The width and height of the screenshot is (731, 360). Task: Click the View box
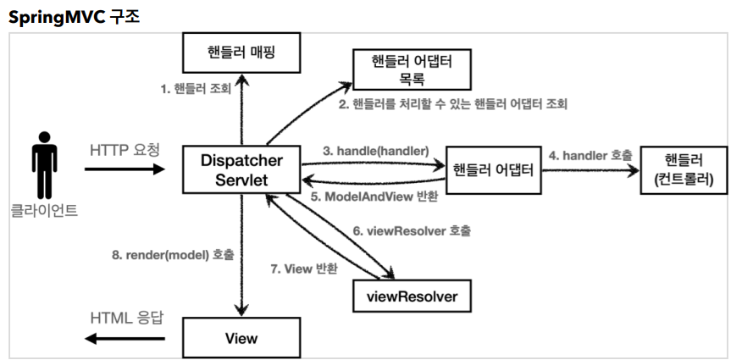241,338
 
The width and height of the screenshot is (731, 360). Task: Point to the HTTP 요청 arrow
125,169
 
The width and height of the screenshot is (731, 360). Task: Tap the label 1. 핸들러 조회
196,87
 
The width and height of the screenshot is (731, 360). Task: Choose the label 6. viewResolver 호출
412,230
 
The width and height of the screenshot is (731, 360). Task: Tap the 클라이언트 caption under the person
44,209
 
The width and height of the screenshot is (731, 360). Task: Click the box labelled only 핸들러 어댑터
493,169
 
